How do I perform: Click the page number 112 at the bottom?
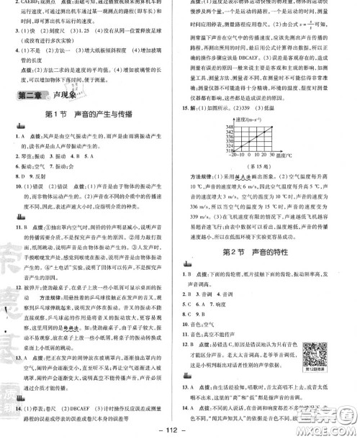(180, 430)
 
